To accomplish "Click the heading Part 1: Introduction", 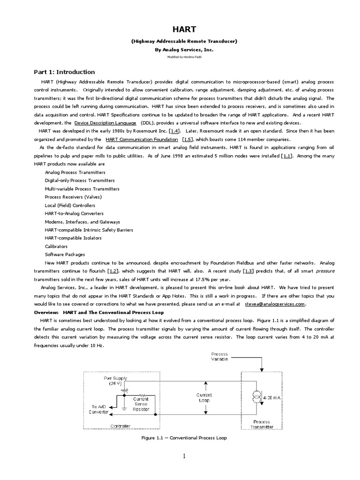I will pyautogui.click(x=64, y=72).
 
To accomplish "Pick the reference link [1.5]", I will pyautogui.click(x=186, y=140).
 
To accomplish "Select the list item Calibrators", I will pyautogui.click(x=56, y=246).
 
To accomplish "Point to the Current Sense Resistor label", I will pyautogui.click(x=141, y=403).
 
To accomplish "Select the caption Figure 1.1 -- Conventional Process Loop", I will pyautogui.click(x=184, y=438).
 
